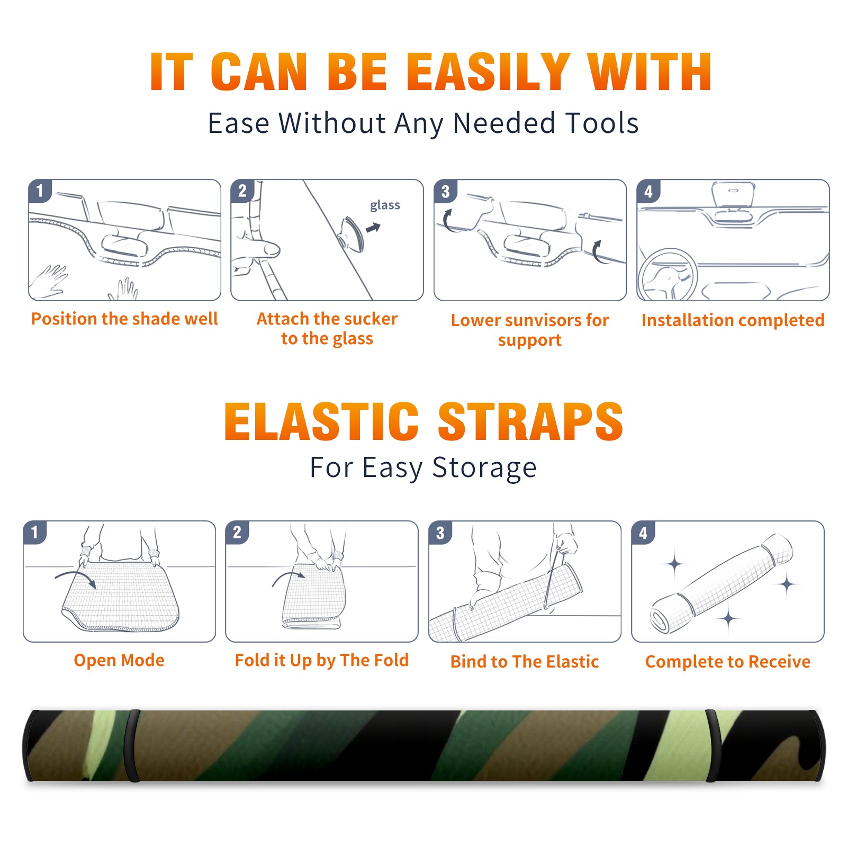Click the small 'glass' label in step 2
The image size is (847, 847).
coord(385,205)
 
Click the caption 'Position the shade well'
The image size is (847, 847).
coord(124,319)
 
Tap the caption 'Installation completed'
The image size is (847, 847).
coord(733,320)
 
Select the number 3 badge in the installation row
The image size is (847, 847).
coord(446,191)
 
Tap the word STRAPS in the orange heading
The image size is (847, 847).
coord(530,421)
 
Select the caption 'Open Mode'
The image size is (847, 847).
coord(119,660)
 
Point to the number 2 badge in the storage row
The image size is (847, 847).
coord(237,533)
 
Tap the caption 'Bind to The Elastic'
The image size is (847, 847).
coord(525,662)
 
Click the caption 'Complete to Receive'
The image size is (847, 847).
coord(728,662)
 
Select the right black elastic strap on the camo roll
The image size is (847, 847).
coord(713,745)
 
